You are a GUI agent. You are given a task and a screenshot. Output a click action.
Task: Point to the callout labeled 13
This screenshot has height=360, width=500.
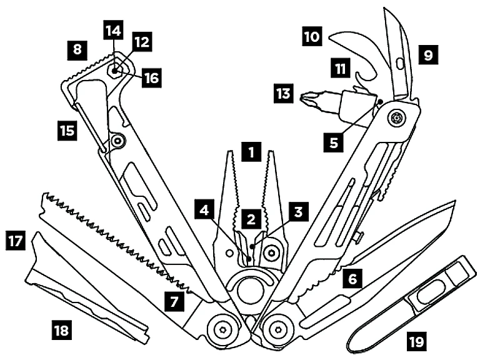tap(284, 94)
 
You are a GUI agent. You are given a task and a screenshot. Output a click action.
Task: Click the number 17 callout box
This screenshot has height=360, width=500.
tap(15, 239)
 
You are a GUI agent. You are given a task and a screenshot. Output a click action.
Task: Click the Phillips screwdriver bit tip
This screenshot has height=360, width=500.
tap(307, 97)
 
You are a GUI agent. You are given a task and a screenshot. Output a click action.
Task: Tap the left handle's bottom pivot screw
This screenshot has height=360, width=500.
tap(221, 327)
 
